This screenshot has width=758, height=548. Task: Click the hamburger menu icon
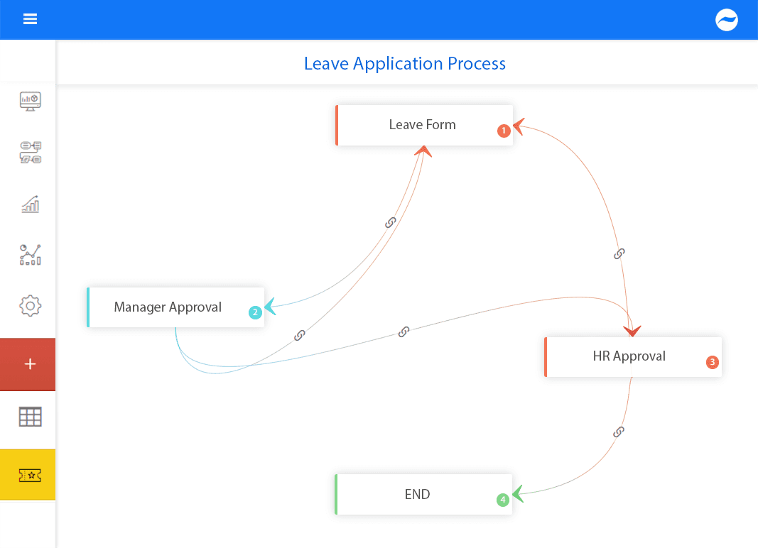pyautogui.click(x=30, y=19)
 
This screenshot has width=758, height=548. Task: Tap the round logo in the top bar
pyautogui.click(x=727, y=20)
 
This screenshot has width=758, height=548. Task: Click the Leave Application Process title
pyautogui.click(x=405, y=63)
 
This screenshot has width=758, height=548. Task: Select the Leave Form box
pyautogui.click(x=424, y=125)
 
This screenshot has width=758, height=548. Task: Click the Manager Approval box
pyautogui.click(x=175, y=307)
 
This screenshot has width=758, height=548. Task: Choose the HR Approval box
pyautogui.click(x=633, y=356)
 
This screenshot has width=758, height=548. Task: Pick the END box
pyautogui.click(x=423, y=494)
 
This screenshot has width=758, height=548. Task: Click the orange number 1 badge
pyautogui.click(x=504, y=131)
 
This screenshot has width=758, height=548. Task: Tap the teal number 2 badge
pyautogui.click(x=255, y=312)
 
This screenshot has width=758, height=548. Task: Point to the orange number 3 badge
pyautogui.click(x=712, y=362)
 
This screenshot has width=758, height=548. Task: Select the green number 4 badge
pyautogui.click(x=503, y=500)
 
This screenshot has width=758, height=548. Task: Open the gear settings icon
pyautogui.click(x=30, y=306)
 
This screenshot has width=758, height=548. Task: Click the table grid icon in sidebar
pyautogui.click(x=30, y=417)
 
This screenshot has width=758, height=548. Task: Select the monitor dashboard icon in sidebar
pyautogui.click(x=30, y=102)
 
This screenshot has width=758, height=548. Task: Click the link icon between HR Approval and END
pyautogui.click(x=618, y=432)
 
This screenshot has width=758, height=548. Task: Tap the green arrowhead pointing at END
pyautogui.click(x=518, y=494)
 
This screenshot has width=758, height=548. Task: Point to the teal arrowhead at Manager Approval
pyautogui.click(x=270, y=307)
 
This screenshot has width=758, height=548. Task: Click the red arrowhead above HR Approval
pyautogui.click(x=632, y=331)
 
